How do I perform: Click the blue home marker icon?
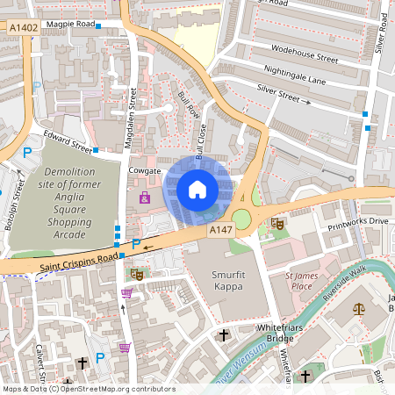[197, 189]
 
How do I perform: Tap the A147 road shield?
[220, 229]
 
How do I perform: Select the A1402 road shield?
[24, 29]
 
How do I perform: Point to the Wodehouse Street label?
[305, 58]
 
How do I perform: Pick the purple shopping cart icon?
[125, 348]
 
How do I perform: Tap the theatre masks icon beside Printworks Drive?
[277, 224]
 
